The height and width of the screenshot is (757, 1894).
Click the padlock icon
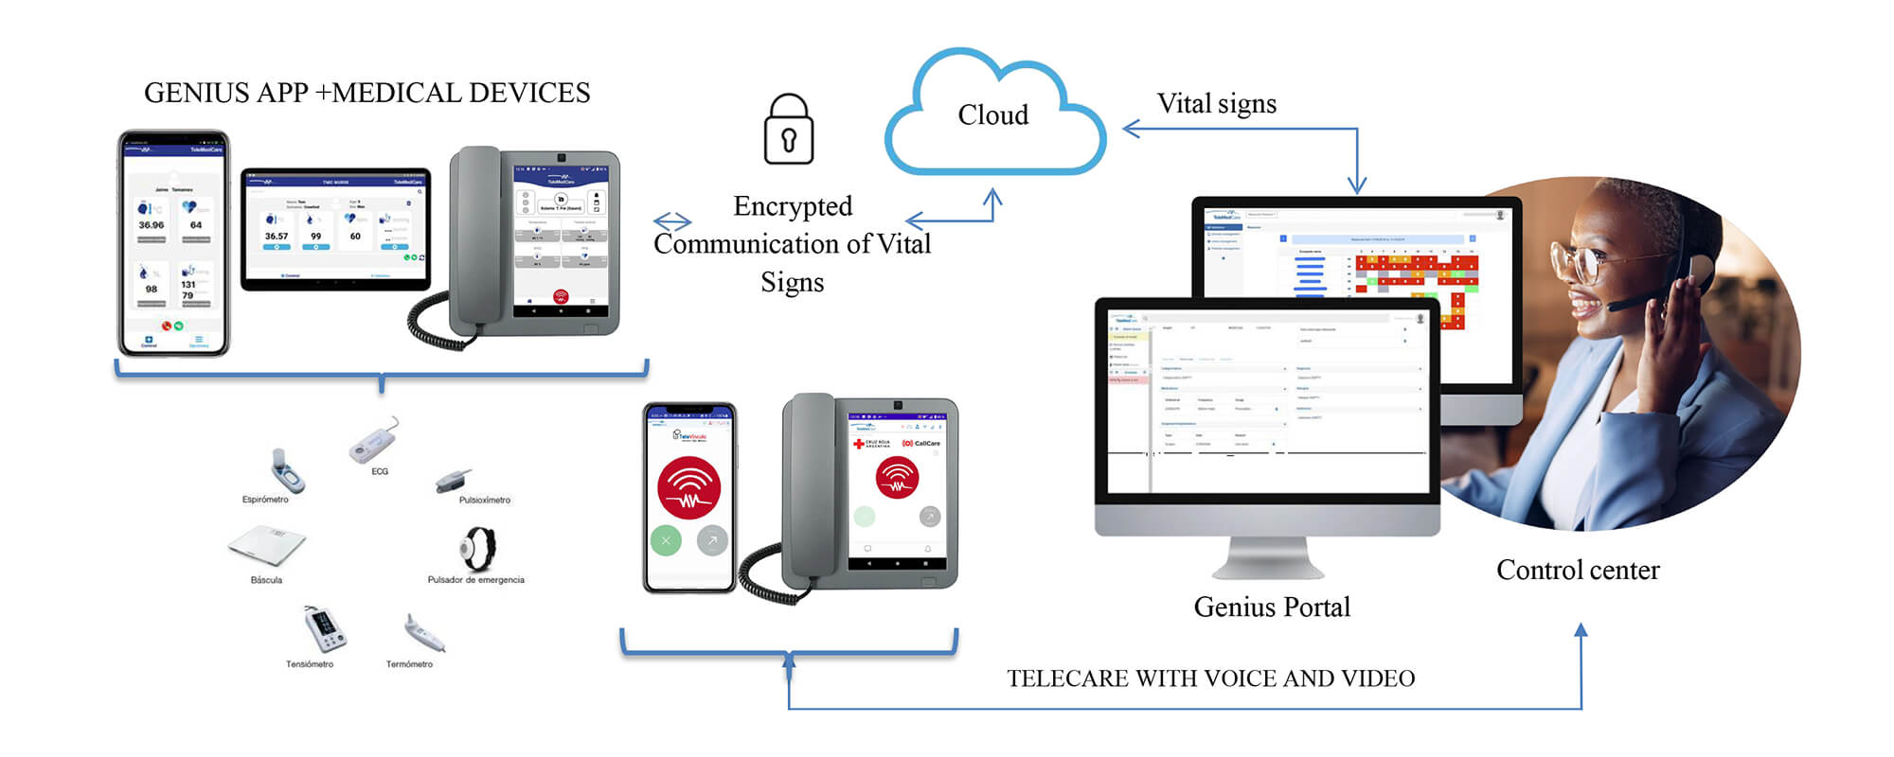click(789, 131)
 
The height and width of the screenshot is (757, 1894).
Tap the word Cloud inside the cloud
click(992, 115)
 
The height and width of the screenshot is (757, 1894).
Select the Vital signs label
click(1216, 104)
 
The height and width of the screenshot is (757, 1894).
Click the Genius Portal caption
click(1272, 607)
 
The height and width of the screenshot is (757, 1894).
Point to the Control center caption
click(1578, 571)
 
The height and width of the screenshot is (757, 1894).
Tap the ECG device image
click(375, 441)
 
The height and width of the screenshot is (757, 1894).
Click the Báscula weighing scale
click(267, 545)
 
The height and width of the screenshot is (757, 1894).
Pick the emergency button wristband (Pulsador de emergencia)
click(478, 547)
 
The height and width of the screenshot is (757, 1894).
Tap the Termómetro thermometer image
click(424, 633)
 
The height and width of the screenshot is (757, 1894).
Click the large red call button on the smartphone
click(689, 488)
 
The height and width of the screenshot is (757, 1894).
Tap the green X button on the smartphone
click(666, 540)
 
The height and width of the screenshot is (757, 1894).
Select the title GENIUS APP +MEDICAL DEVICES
click(366, 93)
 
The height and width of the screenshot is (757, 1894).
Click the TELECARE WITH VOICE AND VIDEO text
click(1210, 678)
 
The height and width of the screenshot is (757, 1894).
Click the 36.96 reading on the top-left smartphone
click(151, 225)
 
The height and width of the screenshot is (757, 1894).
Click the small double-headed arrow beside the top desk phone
click(672, 221)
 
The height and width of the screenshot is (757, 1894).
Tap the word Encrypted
click(793, 206)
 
